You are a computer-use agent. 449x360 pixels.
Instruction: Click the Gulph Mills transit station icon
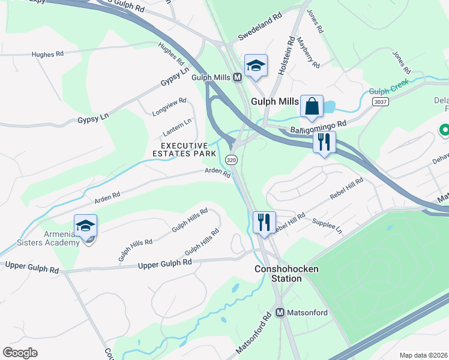coord(237,77)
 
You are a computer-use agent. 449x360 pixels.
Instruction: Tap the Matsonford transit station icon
coord(280,312)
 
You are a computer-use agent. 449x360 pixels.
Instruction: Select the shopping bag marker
coord(312,107)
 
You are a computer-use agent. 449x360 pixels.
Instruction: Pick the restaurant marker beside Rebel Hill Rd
coord(264,223)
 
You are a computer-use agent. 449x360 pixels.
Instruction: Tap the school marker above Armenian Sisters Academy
coord(86,226)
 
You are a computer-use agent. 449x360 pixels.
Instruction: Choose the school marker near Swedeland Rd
coord(256,66)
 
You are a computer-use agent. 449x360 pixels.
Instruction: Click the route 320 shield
coord(232,160)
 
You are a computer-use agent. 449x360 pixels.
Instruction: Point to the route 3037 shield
coord(380,102)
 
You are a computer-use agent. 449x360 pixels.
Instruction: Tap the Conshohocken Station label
coord(286,274)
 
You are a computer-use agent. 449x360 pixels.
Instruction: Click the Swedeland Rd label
coord(260,27)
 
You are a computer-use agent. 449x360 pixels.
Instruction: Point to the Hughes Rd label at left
coord(47,55)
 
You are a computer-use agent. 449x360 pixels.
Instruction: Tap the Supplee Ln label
coord(327,226)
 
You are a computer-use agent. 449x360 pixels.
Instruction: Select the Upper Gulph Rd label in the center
coord(165,263)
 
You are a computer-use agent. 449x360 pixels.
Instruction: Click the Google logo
coord(20,352)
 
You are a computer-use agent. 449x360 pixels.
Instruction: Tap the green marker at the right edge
coord(444,130)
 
